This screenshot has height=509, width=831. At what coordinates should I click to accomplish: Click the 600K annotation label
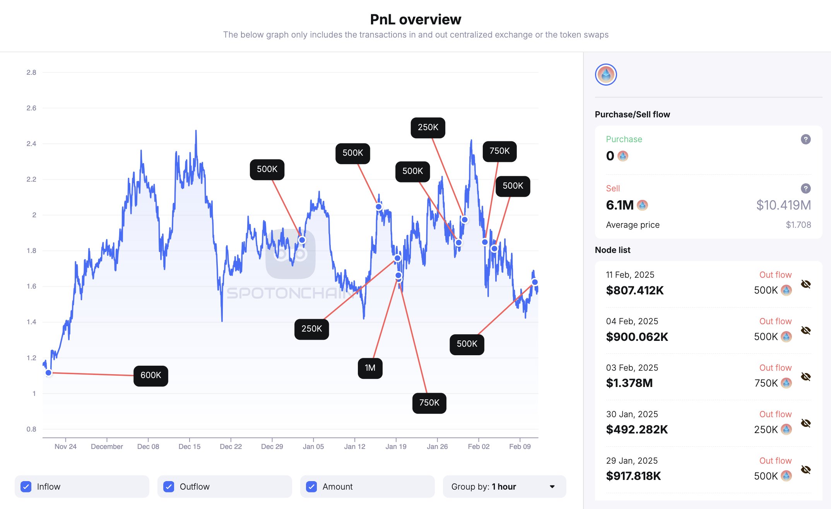(150, 375)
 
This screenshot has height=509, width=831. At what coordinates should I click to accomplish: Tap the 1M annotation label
(370, 368)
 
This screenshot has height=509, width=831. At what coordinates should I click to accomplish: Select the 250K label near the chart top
(427, 127)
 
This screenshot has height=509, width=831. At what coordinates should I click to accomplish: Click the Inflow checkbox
(26, 487)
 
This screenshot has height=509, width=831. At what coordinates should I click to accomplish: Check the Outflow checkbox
(169, 487)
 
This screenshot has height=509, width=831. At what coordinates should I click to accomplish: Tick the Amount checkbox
(311, 487)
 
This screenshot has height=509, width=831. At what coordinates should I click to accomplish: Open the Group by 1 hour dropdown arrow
(552, 487)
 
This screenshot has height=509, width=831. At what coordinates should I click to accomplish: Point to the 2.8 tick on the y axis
(31, 72)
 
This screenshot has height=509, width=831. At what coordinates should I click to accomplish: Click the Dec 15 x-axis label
(190, 447)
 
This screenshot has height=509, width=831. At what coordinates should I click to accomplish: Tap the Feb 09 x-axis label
(520, 447)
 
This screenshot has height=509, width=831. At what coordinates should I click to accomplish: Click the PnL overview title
(415, 19)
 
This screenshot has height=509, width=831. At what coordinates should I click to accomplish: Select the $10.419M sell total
(783, 205)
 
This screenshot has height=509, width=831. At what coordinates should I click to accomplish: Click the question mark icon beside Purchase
(805, 139)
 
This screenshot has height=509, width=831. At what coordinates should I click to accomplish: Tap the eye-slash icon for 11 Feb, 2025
(805, 284)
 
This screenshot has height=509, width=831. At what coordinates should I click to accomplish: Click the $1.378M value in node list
(629, 383)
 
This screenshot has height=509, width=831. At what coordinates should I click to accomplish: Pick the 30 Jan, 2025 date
(632, 414)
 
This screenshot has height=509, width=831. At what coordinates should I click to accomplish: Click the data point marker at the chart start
(48, 373)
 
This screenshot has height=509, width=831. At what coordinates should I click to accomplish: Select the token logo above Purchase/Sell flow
(606, 75)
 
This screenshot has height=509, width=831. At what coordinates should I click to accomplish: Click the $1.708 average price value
(798, 225)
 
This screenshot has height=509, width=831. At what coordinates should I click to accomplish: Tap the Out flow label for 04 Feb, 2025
(775, 321)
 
